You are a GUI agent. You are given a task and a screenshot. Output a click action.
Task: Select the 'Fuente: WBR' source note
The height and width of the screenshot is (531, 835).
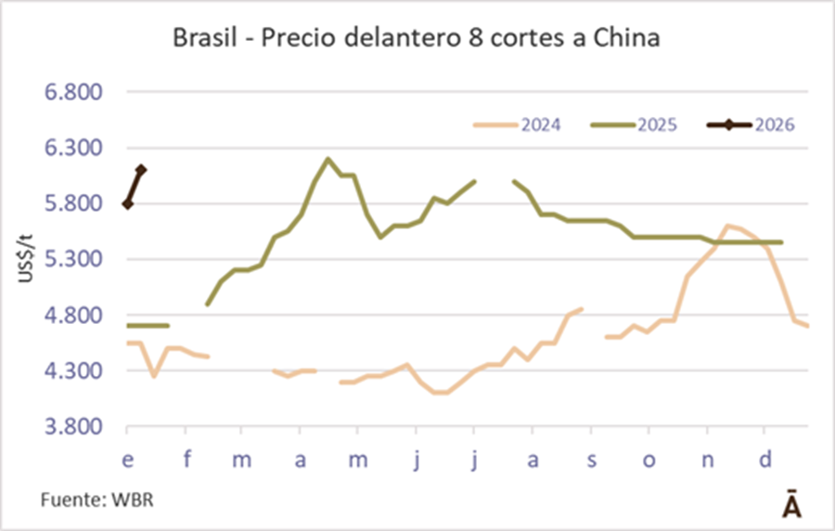[89, 499]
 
